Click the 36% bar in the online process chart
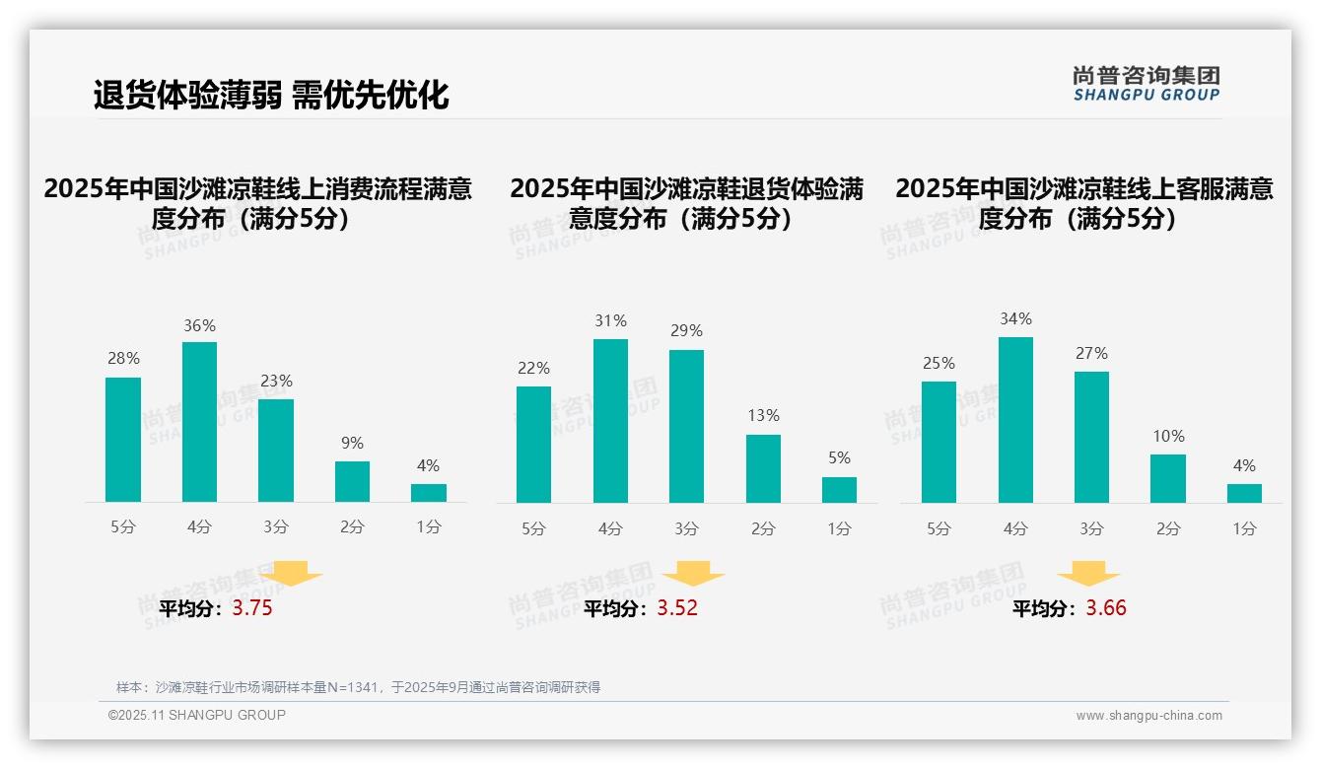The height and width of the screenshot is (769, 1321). [x=199, y=422]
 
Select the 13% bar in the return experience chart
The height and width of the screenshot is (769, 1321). [x=763, y=468]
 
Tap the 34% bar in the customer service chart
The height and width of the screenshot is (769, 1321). [x=1015, y=420]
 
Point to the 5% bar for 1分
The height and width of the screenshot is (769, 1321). [x=839, y=490]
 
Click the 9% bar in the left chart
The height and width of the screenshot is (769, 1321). [x=352, y=481]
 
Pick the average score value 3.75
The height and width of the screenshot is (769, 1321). [x=252, y=608]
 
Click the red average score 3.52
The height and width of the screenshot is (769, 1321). [x=677, y=608]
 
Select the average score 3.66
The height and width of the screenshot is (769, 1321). [x=1106, y=608]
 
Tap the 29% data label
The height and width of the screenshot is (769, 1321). [x=687, y=331]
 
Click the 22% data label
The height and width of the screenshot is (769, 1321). [x=533, y=368]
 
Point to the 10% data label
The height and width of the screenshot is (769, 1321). [x=1168, y=436]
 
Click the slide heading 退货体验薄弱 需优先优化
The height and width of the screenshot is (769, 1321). [x=271, y=95]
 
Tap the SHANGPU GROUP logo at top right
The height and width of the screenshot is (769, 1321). [x=1146, y=84]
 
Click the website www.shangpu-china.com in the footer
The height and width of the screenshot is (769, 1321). [x=1148, y=716]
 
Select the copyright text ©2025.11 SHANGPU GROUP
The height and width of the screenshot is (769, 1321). [x=197, y=715]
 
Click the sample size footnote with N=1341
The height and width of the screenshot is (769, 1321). [x=358, y=687]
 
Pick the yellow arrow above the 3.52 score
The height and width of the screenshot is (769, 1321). [x=693, y=575]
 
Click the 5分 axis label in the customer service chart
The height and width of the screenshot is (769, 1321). [x=939, y=528]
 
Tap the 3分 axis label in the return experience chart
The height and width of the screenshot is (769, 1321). [x=687, y=528]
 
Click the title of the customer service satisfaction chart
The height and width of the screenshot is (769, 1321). [x=1084, y=203]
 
